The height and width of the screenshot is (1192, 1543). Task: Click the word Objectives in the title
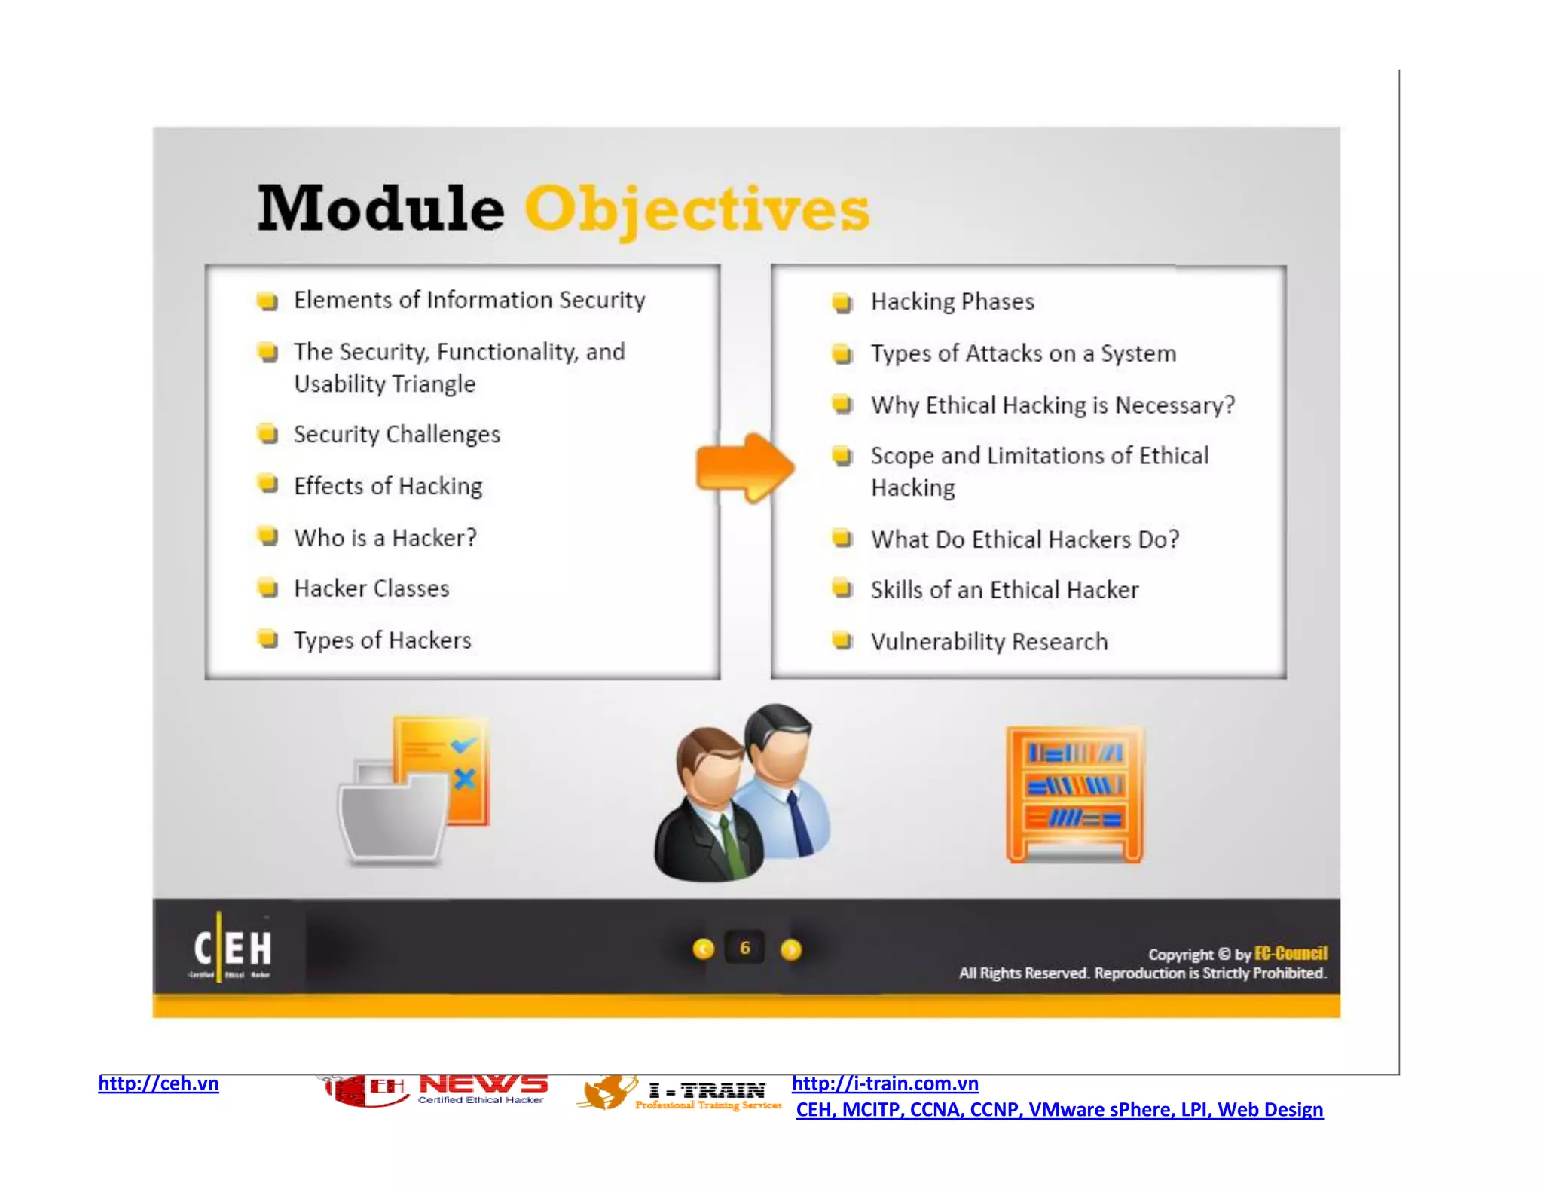[697, 209]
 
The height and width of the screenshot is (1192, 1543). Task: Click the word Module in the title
[380, 209]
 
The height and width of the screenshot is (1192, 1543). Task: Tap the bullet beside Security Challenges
[267, 434]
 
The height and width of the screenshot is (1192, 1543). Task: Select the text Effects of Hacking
[388, 486]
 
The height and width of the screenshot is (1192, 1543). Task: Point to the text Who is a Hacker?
[385, 538]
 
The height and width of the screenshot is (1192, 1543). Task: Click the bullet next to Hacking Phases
[842, 303]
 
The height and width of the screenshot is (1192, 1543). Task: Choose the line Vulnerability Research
[988, 642]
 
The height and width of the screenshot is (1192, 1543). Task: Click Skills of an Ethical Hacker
[1004, 590]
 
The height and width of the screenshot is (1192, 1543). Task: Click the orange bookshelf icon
[1074, 794]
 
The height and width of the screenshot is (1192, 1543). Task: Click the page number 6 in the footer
[744, 948]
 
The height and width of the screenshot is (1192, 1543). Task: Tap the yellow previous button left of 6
[703, 949]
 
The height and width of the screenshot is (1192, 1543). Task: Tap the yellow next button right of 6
[790, 949]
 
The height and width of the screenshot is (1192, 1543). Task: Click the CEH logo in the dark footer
[233, 948]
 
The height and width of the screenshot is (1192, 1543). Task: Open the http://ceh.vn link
[158, 1083]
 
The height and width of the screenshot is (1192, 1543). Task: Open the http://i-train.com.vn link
[885, 1083]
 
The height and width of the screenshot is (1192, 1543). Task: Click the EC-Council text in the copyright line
[1290, 954]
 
